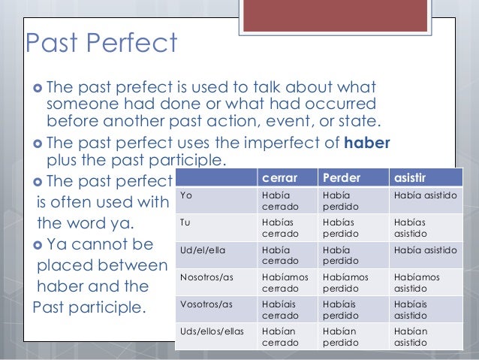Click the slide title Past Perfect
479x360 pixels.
101,44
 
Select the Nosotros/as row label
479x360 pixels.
206,277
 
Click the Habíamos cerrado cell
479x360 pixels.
282,282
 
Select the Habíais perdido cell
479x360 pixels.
342,309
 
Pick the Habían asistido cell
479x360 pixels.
411,335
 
